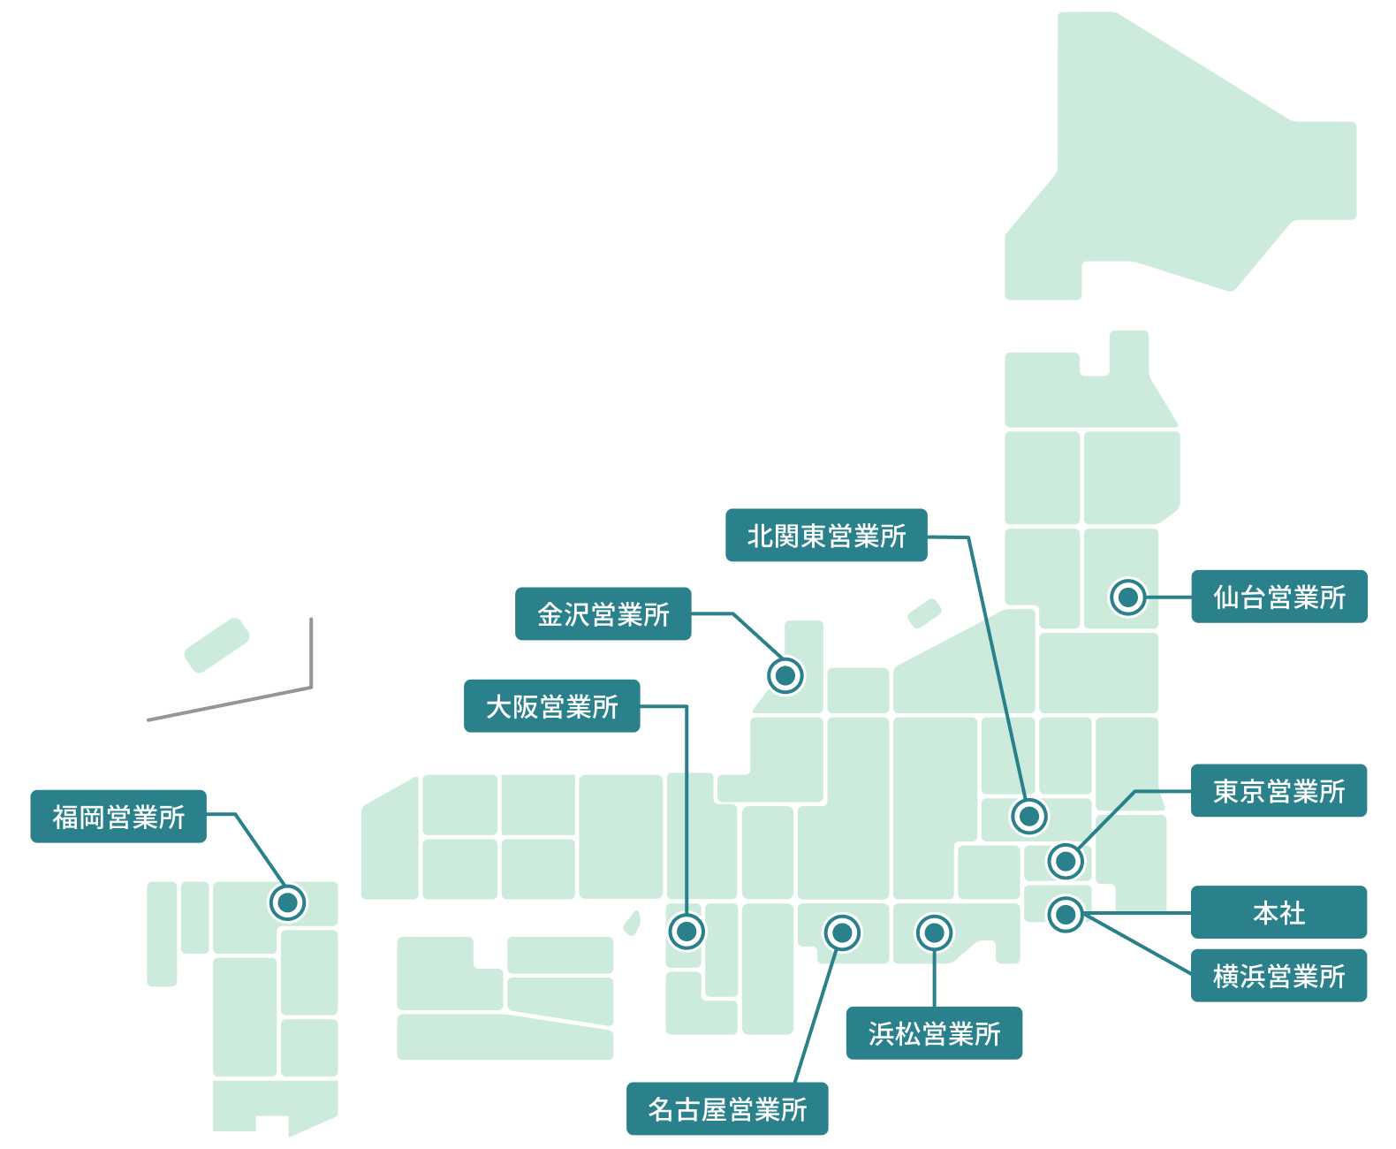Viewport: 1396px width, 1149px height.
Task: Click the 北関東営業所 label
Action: click(826, 535)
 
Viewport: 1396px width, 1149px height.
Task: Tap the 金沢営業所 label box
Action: click(603, 613)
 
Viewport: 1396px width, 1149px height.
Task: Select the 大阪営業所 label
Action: click(551, 706)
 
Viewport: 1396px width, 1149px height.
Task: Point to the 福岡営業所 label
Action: click(118, 816)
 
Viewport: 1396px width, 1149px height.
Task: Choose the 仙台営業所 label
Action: click(1278, 597)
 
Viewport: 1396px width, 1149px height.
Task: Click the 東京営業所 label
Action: click(1278, 790)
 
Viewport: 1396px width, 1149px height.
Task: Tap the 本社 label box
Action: click(1278, 912)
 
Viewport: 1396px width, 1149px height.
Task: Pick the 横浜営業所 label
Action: click(1278, 975)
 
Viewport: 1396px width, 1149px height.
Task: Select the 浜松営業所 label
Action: click(934, 1032)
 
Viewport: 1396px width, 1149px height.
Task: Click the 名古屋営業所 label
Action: click(727, 1108)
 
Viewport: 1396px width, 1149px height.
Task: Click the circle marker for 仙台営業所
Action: click(1127, 597)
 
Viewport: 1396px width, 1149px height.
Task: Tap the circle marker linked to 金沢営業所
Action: click(785, 675)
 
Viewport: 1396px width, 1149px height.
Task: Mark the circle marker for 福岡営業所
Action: click(287, 902)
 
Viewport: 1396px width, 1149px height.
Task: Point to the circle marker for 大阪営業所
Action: click(687, 931)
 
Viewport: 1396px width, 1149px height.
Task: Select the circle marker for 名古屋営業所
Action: click(842, 932)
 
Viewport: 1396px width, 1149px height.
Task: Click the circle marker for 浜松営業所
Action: click(934, 932)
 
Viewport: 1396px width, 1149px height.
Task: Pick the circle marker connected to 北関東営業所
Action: click(1029, 816)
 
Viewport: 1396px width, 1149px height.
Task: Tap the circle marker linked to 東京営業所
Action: click(1066, 861)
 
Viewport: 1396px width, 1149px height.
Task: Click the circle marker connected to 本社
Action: click(1066, 914)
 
